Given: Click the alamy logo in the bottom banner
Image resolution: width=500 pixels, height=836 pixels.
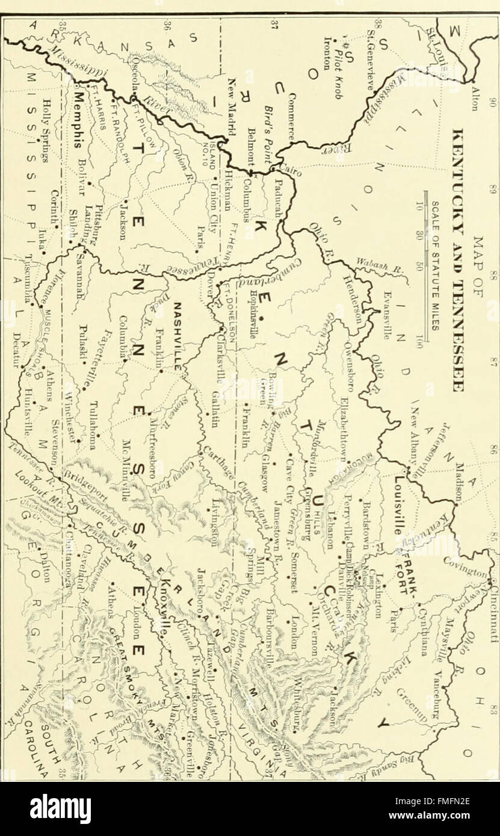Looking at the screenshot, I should (x=60, y=808).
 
